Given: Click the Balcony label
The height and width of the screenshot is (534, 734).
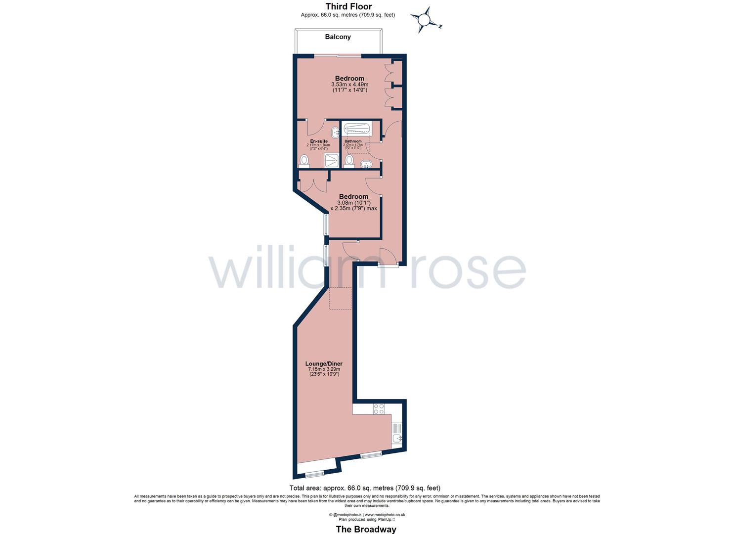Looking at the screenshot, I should pos(338,37).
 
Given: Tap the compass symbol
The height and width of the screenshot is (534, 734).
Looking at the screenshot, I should pos(425,20).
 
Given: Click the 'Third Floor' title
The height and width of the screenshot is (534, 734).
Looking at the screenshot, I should pos(348,6).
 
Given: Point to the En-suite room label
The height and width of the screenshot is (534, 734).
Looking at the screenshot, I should pos(319,141).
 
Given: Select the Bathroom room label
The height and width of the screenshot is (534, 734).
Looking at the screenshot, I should pos(353,141).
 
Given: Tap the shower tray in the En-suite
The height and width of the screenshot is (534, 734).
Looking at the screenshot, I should pos(331,160).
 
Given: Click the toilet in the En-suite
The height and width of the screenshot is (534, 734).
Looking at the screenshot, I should pos(304,161).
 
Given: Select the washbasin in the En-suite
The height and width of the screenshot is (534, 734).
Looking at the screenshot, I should pos(335,132).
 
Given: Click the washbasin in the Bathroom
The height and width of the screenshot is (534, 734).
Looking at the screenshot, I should pos(366,164).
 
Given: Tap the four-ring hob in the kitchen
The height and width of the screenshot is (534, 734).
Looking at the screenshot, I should pos(379,409).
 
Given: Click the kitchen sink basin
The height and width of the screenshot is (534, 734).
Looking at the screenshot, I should pos(397,439).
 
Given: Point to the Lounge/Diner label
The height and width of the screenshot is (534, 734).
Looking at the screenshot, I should pos(324,363).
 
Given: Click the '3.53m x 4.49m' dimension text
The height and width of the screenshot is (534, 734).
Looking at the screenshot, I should pos(349,85).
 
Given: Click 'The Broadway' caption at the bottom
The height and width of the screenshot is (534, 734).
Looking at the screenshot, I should pos(366,530).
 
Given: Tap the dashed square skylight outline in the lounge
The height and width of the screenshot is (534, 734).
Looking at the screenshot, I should pos(340,298).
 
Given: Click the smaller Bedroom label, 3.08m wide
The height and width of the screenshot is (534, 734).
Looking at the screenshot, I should pos(353,197).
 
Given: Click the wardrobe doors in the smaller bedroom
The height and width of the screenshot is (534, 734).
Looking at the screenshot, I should pos(313,183).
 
